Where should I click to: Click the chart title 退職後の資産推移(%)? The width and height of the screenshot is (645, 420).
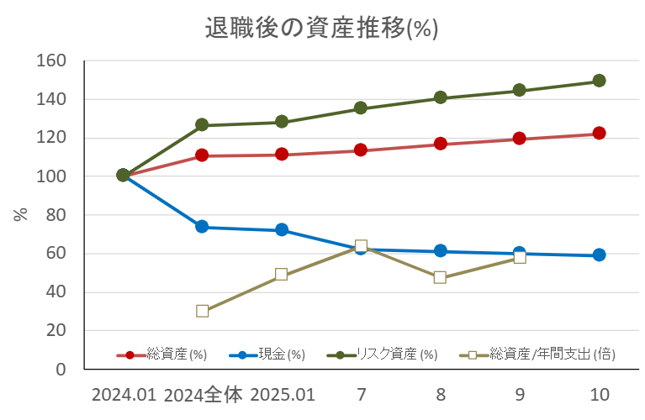(322, 28)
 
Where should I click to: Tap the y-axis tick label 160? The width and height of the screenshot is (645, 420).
(50, 60)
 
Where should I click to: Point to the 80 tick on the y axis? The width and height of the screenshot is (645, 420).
(54, 215)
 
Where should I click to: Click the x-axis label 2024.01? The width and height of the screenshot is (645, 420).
(123, 395)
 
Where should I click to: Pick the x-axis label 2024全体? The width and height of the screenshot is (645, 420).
(203, 395)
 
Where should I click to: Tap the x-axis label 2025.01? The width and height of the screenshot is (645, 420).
(282, 395)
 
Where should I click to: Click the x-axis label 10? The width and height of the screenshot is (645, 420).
(599, 395)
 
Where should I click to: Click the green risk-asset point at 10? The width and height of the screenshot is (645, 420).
(599, 81)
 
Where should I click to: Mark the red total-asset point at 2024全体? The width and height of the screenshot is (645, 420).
(202, 155)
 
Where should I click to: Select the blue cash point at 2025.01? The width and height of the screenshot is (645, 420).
(282, 229)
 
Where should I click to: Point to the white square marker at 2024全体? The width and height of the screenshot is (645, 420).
(202, 311)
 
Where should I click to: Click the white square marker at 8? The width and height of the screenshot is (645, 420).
(440, 277)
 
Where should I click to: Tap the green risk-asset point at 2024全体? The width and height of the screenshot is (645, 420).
(202, 125)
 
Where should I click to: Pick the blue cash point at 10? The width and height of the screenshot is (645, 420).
(599, 255)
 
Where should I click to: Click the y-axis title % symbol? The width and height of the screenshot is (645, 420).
(21, 214)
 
